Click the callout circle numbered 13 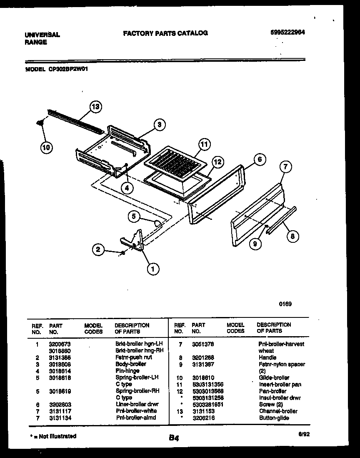[x=95, y=107]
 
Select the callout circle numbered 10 [x=47, y=147]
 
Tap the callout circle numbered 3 [x=159, y=124]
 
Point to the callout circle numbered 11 [x=203, y=145]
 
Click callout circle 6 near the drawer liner [x=259, y=159]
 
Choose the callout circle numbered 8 [x=292, y=236]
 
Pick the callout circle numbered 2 [x=98, y=249]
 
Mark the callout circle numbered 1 [x=153, y=269]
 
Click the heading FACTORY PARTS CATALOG [x=165, y=33]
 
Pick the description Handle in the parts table [x=267, y=357]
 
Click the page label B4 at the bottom [x=174, y=438]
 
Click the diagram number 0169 [x=285, y=304]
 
